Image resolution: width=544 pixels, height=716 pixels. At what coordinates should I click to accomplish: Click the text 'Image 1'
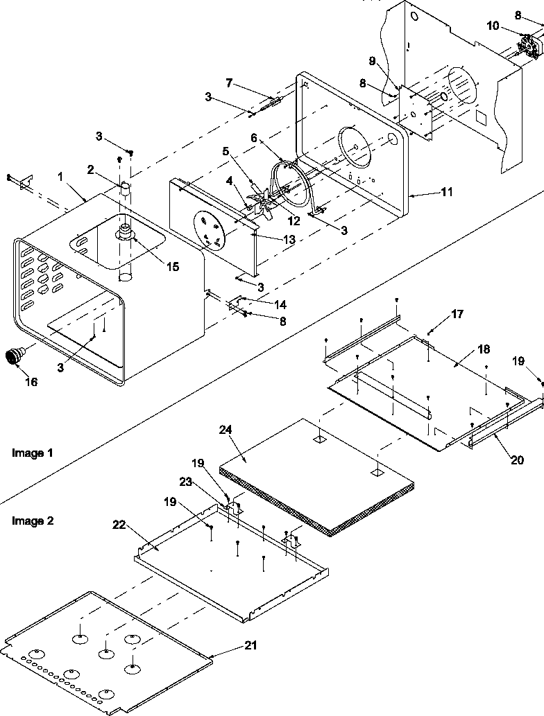pyautogui.click(x=33, y=453)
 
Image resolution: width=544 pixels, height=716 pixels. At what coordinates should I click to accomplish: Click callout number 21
pyautogui.click(x=250, y=645)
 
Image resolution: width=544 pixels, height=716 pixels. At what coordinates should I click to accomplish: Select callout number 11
pyautogui.click(x=447, y=191)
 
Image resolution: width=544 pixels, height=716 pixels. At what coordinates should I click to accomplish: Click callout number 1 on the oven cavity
pyautogui.click(x=61, y=177)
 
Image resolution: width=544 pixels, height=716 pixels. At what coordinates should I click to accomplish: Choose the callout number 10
pyautogui.click(x=492, y=26)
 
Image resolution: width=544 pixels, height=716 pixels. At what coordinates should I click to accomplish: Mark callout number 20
pyautogui.click(x=516, y=459)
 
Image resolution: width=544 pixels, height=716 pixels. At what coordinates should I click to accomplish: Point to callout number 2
pyautogui.click(x=91, y=168)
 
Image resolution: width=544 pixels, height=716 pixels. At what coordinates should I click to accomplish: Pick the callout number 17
pyautogui.click(x=457, y=314)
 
